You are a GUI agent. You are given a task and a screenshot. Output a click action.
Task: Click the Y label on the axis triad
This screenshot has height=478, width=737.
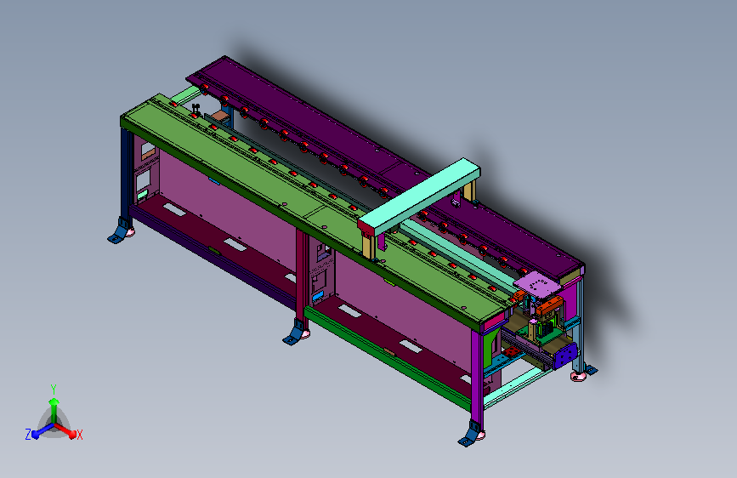click(x=54, y=390)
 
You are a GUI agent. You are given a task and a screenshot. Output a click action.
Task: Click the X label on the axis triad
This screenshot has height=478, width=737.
click(x=79, y=435)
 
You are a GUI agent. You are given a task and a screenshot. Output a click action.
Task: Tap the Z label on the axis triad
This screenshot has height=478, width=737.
click(x=28, y=435)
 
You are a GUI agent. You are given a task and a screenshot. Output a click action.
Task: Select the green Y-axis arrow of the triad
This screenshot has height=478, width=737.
click(x=54, y=409)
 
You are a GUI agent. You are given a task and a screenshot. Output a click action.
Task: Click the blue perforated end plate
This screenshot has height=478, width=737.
click(x=565, y=356)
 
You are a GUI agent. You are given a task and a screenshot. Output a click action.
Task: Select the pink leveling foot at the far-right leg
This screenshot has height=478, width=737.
click(x=578, y=377)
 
